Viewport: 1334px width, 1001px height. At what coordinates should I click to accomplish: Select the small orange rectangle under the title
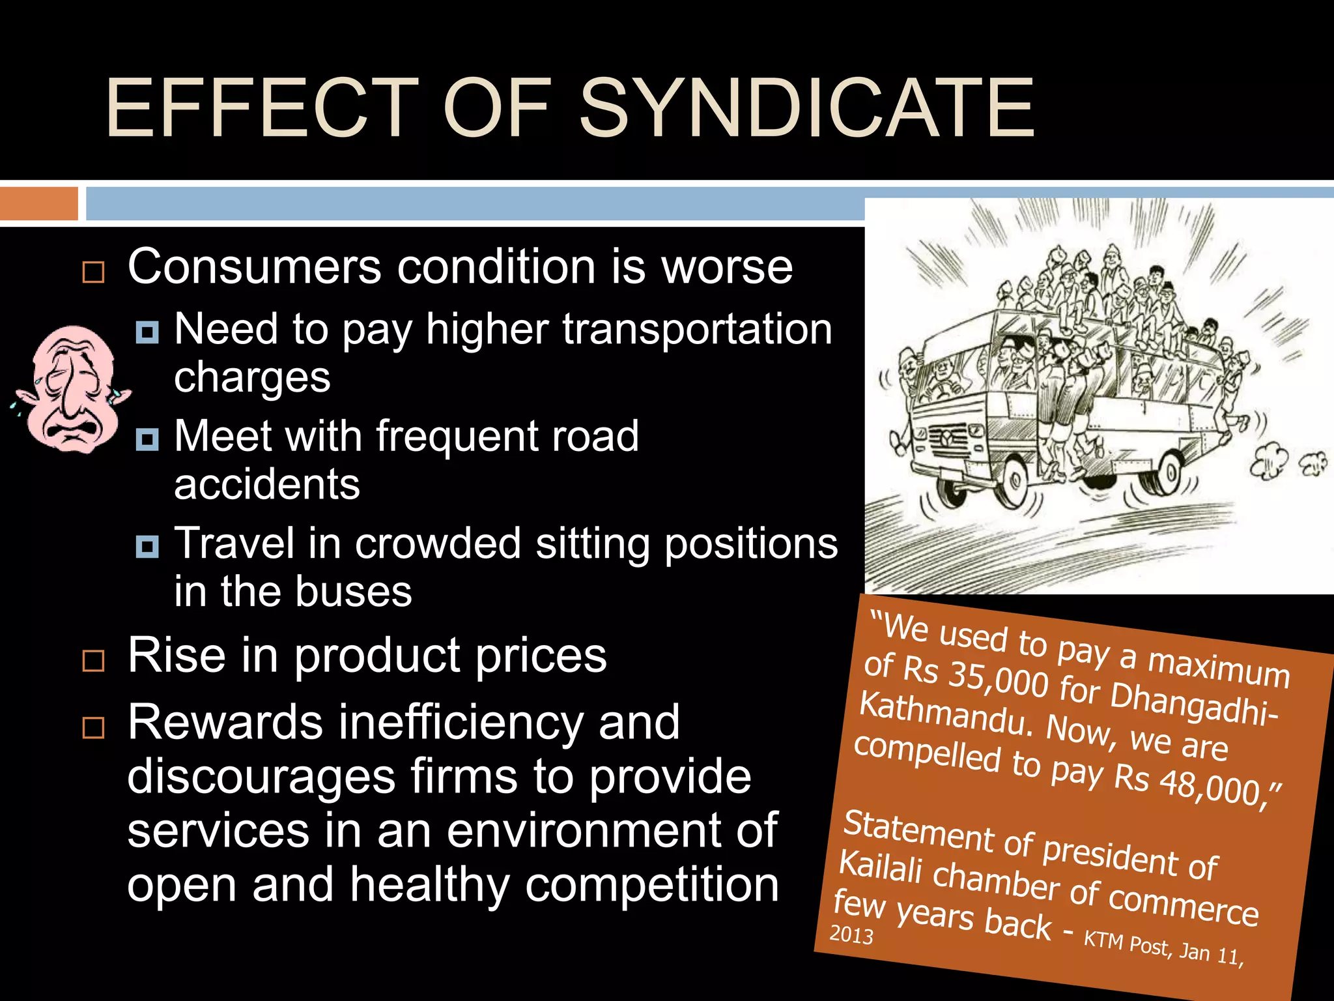click(x=38, y=203)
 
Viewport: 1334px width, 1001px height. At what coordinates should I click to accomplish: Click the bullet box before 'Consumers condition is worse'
click(x=94, y=272)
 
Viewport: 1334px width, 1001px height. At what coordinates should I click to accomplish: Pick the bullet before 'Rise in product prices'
click(x=94, y=660)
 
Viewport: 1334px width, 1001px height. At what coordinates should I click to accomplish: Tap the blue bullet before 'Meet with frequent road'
click(x=147, y=439)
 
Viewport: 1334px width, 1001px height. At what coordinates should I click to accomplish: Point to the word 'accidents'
click(x=267, y=484)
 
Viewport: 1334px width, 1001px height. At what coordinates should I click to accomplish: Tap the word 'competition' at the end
click(x=651, y=885)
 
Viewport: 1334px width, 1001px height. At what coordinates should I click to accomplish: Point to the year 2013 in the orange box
click(x=851, y=935)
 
